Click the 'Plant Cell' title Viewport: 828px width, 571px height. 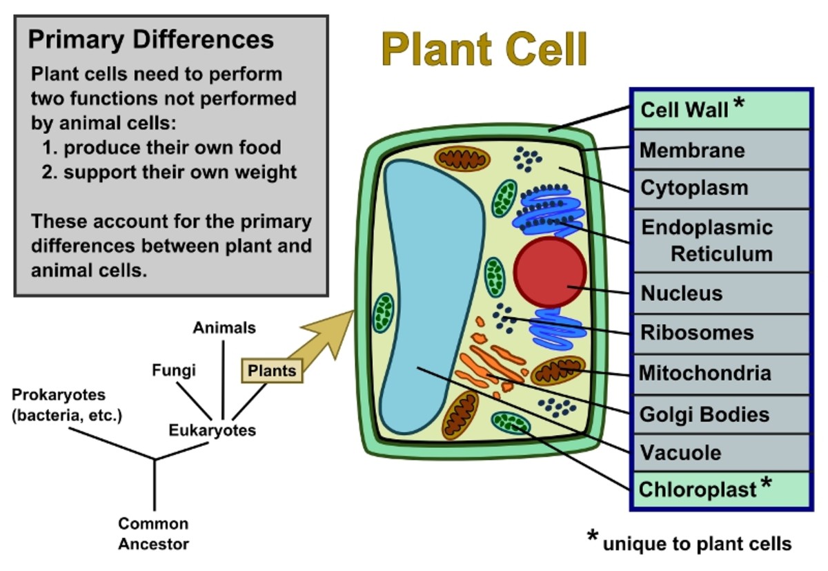[x=484, y=50]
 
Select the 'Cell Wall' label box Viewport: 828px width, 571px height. [x=720, y=110]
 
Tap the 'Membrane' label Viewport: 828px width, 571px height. [x=693, y=150]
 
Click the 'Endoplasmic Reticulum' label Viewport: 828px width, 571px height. [x=707, y=240]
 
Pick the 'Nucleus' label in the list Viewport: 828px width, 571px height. [x=682, y=293]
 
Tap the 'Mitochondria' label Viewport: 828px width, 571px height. [x=704, y=374]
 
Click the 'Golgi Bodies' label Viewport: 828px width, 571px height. [x=704, y=414]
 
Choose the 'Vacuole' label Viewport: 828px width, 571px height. [x=680, y=453]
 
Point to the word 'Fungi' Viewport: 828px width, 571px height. [x=174, y=370]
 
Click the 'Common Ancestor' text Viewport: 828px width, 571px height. [x=153, y=533]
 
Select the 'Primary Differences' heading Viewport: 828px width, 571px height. [x=150, y=39]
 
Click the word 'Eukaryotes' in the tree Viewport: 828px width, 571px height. [x=213, y=430]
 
